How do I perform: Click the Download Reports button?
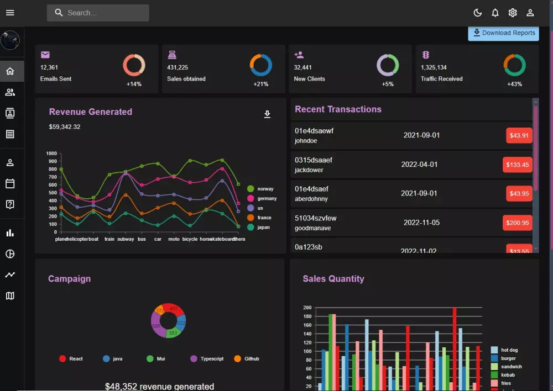click(x=504, y=33)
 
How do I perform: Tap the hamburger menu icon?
click(x=10, y=13)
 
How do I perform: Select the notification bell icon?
click(x=495, y=13)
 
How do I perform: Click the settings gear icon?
click(x=513, y=13)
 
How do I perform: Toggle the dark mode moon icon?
click(x=478, y=13)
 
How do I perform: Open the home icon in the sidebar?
click(x=10, y=71)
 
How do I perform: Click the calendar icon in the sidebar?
click(x=10, y=183)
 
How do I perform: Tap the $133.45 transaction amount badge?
click(x=517, y=165)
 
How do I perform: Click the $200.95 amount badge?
click(x=517, y=223)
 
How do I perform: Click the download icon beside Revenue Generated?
click(x=267, y=114)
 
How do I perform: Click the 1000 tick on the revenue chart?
click(x=51, y=154)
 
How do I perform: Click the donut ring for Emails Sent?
click(x=134, y=65)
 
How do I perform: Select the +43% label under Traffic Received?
click(x=514, y=84)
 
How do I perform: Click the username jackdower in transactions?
click(x=309, y=170)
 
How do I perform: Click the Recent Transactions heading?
click(x=338, y=109)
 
